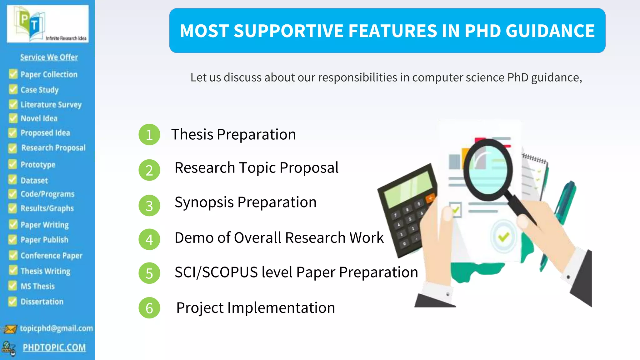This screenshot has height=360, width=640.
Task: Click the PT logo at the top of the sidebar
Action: click(47, 24)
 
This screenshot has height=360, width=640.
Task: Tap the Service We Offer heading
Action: click(49, 57)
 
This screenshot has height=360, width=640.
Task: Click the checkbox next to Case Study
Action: click(13, 89)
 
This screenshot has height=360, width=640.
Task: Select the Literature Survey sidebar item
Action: click(51, 104)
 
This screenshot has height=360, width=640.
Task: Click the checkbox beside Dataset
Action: click(12, 180)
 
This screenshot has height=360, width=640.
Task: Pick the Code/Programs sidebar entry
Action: click(47, 194)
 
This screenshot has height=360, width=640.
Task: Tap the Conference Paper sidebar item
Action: click(51, 256)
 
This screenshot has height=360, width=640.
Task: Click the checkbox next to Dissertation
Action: click(12, 301)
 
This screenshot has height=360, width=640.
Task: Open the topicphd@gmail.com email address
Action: click(56, 328)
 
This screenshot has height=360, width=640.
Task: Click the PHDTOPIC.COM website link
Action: click(54, 347)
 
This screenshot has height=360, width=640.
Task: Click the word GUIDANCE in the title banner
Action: click(550, 31)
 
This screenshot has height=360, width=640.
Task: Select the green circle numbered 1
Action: click(149, 135)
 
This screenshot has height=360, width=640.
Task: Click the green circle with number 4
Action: click(149, 239)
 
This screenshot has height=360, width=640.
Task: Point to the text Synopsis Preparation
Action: click(245, 202)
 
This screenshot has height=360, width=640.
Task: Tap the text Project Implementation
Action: click(255, 308)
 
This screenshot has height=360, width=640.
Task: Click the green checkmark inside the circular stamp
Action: click(503, 237)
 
